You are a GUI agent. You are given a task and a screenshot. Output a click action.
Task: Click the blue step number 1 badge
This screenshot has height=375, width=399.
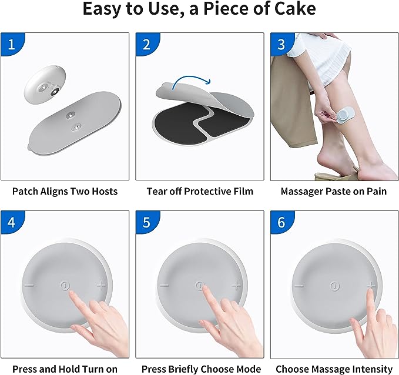(x=11, y=43)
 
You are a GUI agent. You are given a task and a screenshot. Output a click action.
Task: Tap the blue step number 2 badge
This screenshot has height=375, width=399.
(x=146, y=43)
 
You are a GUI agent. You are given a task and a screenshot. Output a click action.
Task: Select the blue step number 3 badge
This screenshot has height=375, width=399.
(x=281, y=43)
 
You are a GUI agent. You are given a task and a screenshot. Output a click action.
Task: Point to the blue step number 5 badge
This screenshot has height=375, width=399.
(x=146, y=222)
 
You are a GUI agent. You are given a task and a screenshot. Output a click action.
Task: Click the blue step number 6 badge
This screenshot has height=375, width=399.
(x=281, y=222)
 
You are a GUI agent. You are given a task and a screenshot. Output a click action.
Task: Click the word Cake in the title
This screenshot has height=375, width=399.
(x=294, y=9)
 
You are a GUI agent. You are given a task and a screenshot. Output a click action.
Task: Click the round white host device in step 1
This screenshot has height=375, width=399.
(x=45, y=85)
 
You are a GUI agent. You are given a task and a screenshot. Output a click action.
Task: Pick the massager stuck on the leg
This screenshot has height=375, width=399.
(x=346, y=114)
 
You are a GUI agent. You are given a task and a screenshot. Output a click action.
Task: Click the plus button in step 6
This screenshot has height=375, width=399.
(x=371, y=286)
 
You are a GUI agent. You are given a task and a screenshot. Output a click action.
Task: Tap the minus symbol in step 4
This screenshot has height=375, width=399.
(x=29, y=286)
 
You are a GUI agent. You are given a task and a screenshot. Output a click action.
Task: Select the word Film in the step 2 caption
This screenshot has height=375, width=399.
(x=243, y=191)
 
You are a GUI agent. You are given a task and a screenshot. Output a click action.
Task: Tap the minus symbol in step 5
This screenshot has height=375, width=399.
(x=164, y=286)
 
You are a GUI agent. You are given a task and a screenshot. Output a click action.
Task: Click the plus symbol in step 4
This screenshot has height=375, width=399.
(x=102, y=286)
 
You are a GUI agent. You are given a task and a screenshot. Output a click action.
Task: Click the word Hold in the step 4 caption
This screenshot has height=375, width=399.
(x=66, y=369)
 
